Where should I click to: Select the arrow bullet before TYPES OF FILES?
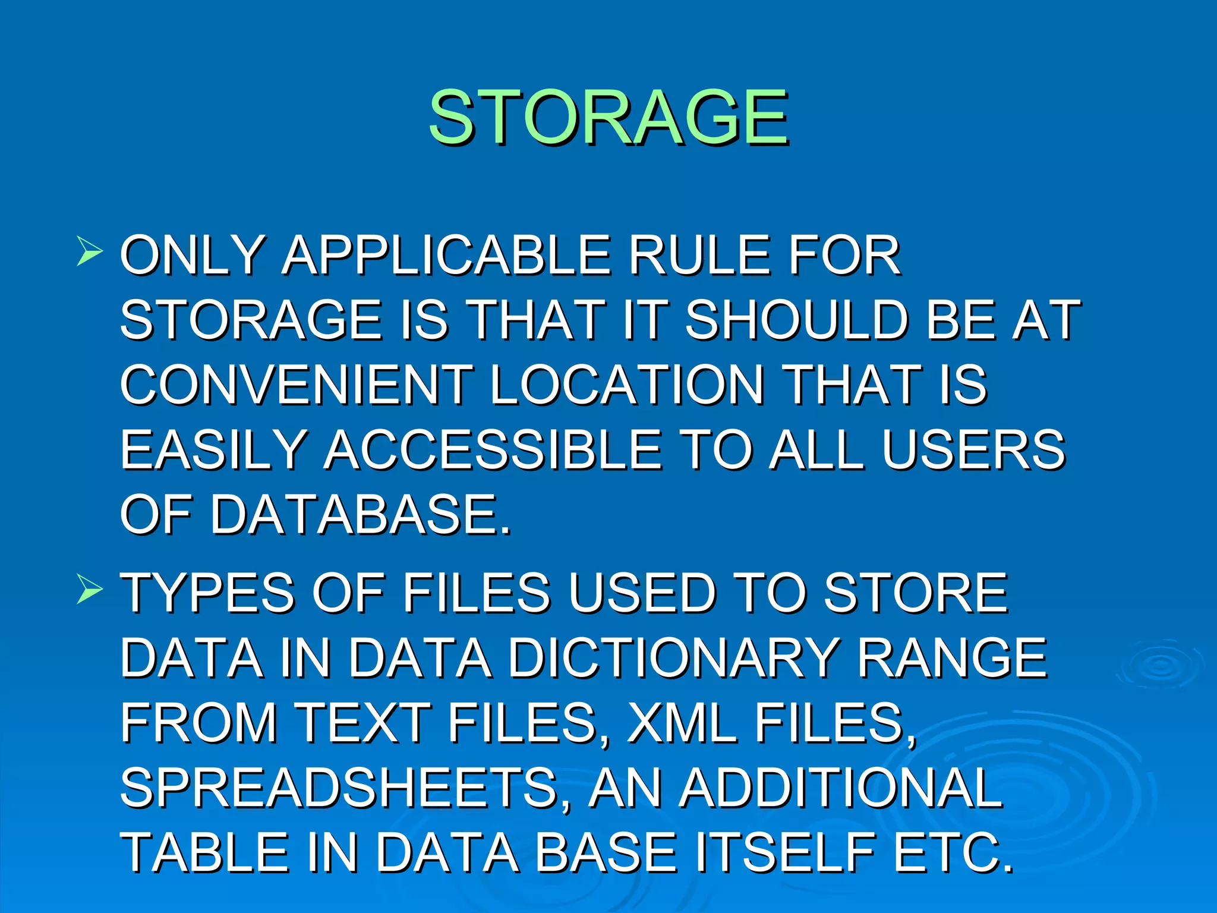pyautogui.click(x=89, y=589)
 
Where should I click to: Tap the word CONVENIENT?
pyautogui.click(x=296, y=385)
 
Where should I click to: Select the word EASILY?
pyautogui.click(x=213, y=449)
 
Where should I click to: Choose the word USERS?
pyautogui.click(x=973, y=449)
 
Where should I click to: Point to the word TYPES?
pyautogui.click(x=207, y=593)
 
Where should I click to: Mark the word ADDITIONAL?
pyautogui.click(x=841, y=787)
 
